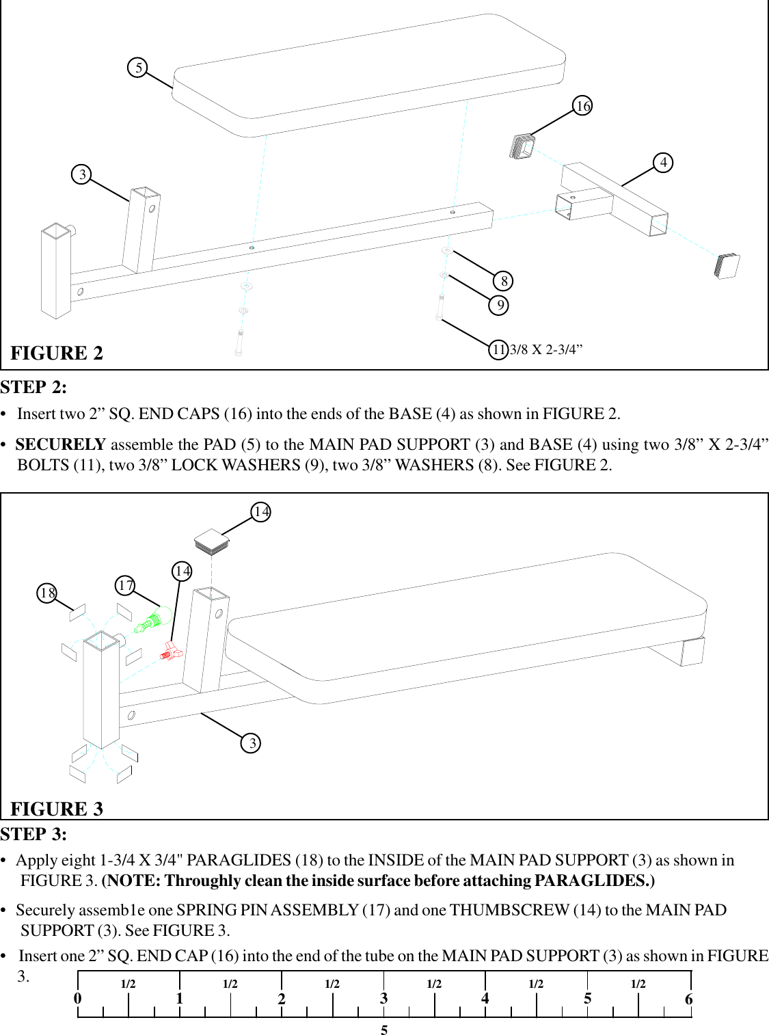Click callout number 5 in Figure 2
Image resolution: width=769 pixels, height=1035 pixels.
click(138, 68)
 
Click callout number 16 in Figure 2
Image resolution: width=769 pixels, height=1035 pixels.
click(582, 106)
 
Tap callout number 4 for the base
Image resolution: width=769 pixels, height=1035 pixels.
click(663, 163)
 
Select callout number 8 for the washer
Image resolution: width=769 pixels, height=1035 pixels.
click(504, 281)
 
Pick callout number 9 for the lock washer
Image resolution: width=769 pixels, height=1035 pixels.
click(500, 305)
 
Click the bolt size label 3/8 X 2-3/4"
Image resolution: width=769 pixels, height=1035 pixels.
click(546, 350)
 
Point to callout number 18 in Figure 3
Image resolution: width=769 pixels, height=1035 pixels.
click(46, 593)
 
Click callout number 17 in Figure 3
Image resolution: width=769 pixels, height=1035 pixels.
click(125, 585)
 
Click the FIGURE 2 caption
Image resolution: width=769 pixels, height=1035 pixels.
click(57, 353)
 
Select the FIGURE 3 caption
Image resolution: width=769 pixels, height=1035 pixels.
click(57, 809)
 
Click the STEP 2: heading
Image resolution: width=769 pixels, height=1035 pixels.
click(34, 388)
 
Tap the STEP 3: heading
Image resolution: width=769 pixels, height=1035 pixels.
click(34, 835)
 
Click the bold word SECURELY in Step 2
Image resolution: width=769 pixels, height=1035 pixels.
click(60, 444)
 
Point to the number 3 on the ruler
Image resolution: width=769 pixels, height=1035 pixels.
click(384, 999)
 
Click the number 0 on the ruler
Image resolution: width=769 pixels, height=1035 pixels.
click(78, 999)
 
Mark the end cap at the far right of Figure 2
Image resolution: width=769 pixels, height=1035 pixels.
click(727, 265)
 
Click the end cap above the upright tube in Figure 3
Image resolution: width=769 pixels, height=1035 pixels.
click(211, 541)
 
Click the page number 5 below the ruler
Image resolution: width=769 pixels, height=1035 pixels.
click(384, 1030)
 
